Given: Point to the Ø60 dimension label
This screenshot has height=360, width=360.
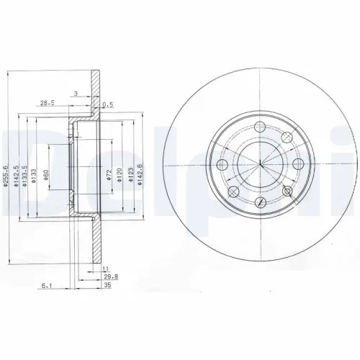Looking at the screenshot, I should (x=47, y=175).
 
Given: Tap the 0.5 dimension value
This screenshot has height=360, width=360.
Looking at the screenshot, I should (x=108, y=104).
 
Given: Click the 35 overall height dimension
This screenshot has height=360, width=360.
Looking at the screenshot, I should (x=109, y=284).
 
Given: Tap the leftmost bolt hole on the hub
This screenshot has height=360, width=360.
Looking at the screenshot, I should (x=222, y=166).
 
